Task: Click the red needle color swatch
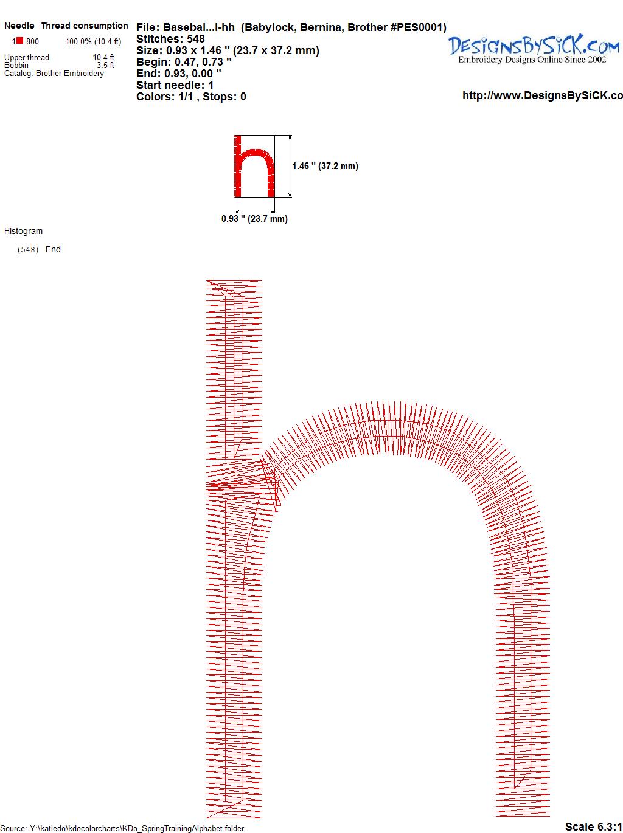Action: [x=19, y=41]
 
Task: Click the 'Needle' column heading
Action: [x=19, y=26]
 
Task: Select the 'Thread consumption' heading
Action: [x=85, y=26]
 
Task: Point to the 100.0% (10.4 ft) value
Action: [x=93, y=42]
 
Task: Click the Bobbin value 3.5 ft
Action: [x=105, y=65]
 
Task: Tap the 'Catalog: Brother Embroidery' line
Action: [x=54, y=73]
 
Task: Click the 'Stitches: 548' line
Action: [x=170, y=39]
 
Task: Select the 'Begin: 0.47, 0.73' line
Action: [x=184, y=62]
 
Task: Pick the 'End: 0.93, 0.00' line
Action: [x=179, y=73]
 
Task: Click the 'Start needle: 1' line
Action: [x=175, y=85]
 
